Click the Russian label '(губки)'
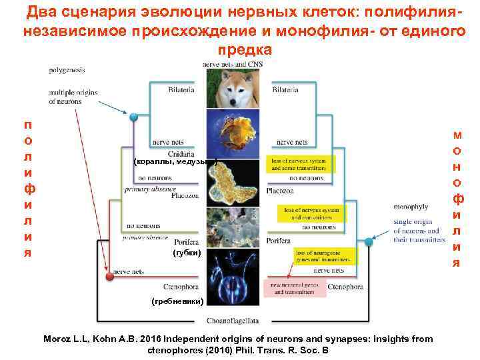point(186,253)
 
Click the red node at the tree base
point(109,275)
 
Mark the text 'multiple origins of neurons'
point(73,97)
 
